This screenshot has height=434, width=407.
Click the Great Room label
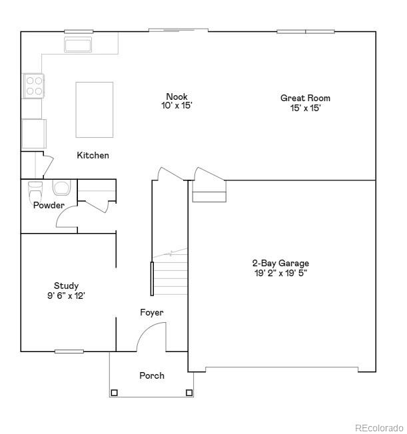click(305, 98)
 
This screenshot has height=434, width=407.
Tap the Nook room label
click(177, 97)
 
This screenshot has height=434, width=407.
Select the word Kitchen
click(93, 155)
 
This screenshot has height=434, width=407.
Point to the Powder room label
click(49, 205)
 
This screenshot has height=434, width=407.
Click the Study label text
click(66, 286)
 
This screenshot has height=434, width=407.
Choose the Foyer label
click(151, 312)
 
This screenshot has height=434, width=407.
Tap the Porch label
click(151, 375)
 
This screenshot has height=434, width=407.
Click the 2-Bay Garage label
click(280, 263)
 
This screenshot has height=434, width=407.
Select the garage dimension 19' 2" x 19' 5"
click(280, 272)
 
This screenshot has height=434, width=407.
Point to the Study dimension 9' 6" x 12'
click(65, 295)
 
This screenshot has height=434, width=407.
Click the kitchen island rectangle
click(94, 109)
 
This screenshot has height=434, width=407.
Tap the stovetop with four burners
click(34, 85)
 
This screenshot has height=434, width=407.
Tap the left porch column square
click(114, 392)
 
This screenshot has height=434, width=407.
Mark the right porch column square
click(189, 392)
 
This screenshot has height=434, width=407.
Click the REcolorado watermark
click(378, 427)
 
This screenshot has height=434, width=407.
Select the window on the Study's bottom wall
click(69, 351)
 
